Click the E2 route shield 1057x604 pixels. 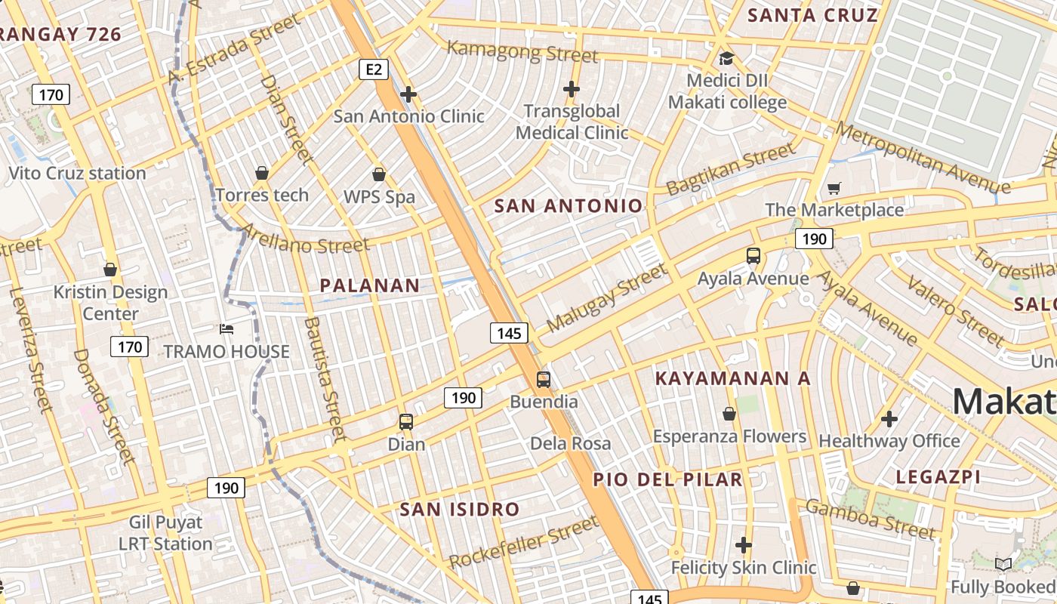373,70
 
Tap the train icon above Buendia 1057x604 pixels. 544,380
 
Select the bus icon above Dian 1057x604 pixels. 406,422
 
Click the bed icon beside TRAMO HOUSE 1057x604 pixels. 226,329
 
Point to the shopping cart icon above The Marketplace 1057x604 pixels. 834,188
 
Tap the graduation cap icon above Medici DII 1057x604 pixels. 726,58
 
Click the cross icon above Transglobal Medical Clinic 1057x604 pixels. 572,89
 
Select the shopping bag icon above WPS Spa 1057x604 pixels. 379,174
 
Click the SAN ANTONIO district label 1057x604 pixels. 568,206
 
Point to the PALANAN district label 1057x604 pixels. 369,285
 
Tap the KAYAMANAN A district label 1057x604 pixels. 732,378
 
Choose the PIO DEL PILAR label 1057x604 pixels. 667,479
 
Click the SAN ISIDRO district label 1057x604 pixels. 460,510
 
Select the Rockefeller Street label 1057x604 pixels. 523,542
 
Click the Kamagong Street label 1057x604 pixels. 522,52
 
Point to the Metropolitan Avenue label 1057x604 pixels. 922,159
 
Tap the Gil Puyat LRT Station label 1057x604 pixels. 165,533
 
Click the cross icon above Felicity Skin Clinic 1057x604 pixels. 744,545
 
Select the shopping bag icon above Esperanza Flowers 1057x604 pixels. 729,414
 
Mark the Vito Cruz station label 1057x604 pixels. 77,174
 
